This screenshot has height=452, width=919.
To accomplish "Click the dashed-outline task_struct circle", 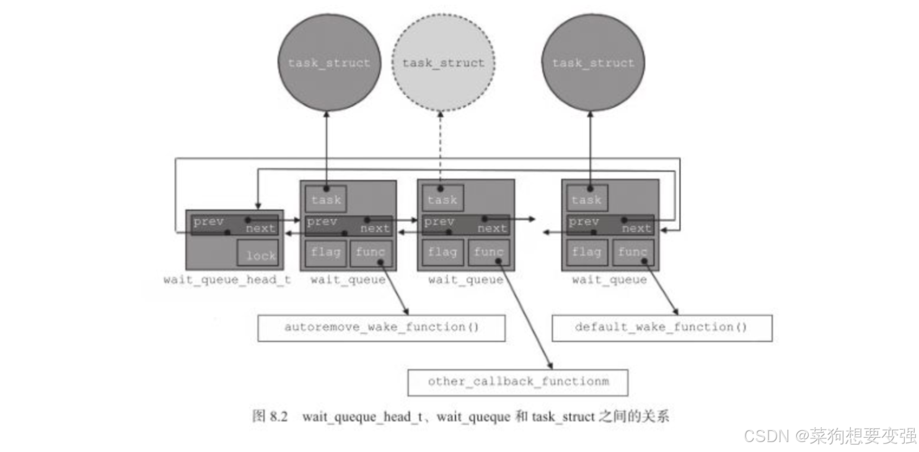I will (x=443, y=63).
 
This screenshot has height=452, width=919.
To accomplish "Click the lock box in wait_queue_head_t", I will (x=258, y=254).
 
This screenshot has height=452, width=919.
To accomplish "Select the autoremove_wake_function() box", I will (x=381, y=327).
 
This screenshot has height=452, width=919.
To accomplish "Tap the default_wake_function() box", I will (x=661, y=327).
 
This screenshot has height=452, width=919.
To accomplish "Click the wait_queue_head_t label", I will (x=227, y=280).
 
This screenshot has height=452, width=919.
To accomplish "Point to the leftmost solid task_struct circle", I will (x=328, y=63).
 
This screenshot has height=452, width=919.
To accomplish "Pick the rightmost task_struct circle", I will (x=592, y=63).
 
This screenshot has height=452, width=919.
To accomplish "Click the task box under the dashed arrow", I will (x=442, y=199).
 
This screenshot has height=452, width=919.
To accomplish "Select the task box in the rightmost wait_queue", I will (x=586, y=199).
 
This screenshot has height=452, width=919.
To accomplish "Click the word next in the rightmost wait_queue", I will (x=636, y=228).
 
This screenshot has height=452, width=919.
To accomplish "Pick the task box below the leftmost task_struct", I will (x=326, y=199).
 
